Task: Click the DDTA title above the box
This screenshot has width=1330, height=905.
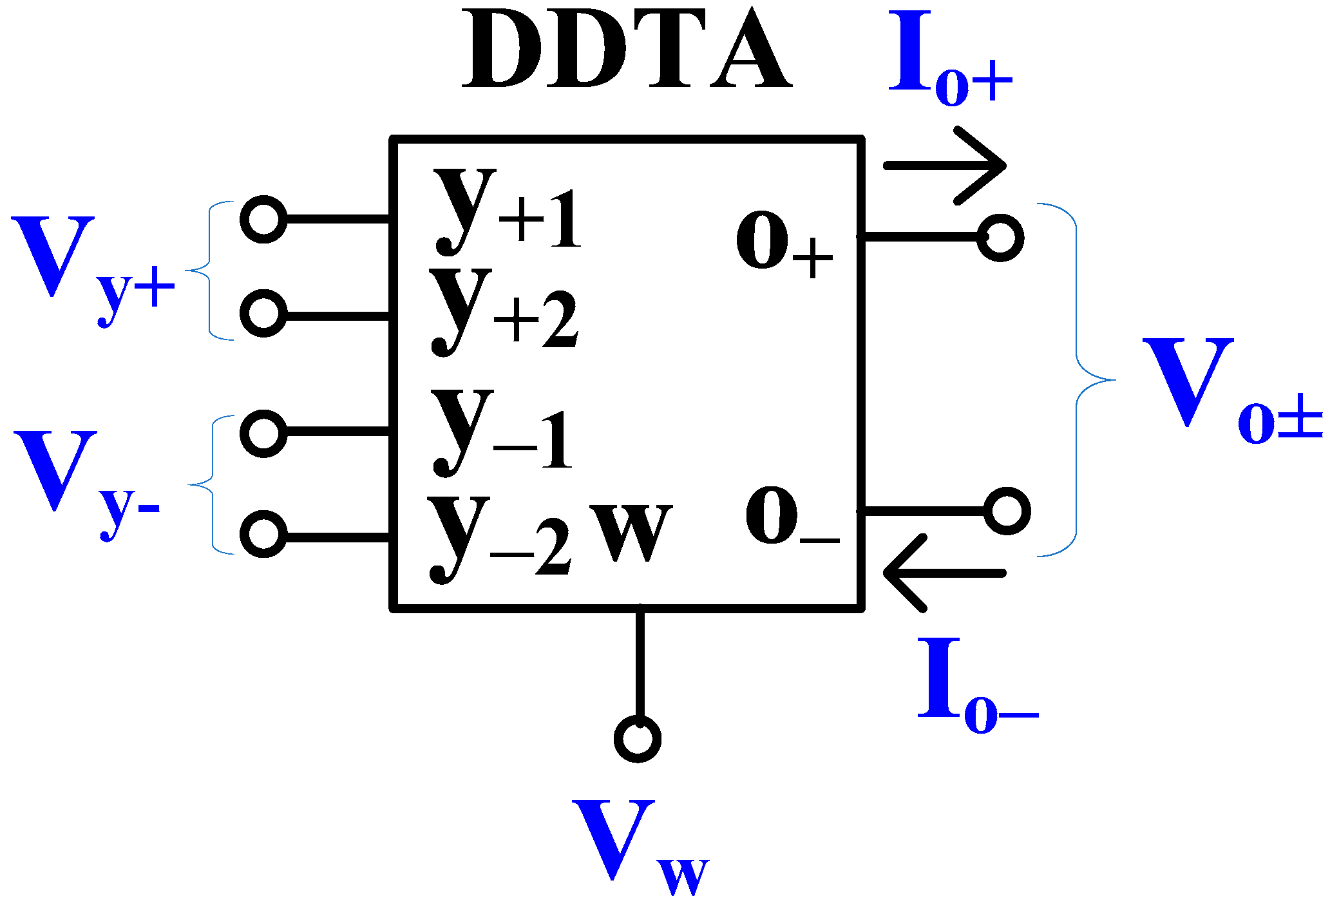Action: tap(626, 50)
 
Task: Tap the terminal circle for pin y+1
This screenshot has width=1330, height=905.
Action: tap(263, 220)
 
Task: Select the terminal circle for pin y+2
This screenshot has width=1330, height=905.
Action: tap(263, 313)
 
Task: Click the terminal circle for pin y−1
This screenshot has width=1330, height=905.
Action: tap(263, 433)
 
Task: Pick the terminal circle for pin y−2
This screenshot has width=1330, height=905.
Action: tap(263, 534)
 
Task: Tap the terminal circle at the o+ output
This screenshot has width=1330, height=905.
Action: tap(1000, 238)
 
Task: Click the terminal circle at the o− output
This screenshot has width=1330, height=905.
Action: tap(1007, 511)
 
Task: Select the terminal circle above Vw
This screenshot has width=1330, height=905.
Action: tap(638, 738)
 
